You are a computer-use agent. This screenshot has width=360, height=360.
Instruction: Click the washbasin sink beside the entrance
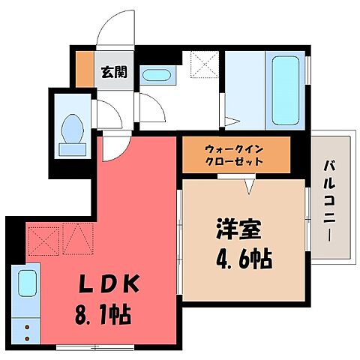[155, 75]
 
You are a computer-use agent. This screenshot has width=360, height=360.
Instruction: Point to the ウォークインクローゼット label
[235, 154]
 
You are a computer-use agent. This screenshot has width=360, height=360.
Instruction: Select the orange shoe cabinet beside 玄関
[84, 68]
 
